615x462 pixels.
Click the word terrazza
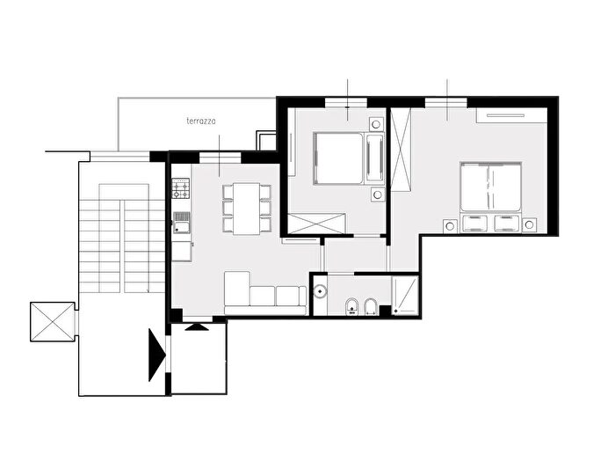point(201,121)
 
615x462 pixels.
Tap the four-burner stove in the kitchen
point(181,188)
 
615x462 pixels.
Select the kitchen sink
point(182,223)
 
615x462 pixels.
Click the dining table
point(246,209)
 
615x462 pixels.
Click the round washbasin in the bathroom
point(321,291)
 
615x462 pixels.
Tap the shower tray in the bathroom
point(405,295)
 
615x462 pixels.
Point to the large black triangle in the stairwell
point(157,355)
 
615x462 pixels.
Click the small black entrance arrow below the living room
point(197,326)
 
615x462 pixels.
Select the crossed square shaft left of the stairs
point(52,322)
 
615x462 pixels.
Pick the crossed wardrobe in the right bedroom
point(401,150)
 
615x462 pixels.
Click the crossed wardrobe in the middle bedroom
point(316,224)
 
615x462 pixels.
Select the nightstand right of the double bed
point(529,225)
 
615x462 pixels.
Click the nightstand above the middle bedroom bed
point(376,125)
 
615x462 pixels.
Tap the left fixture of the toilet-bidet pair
point(351,306)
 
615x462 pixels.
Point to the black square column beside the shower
point(385,311)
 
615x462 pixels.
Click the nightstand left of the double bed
point(450,226)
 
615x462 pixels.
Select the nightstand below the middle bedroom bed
point(377,194)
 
